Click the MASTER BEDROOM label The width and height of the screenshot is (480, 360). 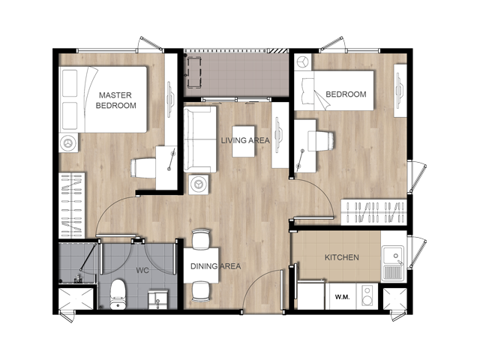point(115,100)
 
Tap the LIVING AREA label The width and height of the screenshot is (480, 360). point(245,140)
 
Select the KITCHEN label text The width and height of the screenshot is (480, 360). point(342,257)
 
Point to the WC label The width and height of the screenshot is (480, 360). point(142,270)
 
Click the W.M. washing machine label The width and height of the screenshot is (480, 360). point(342,297)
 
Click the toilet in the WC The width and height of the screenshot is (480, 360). point(118,294)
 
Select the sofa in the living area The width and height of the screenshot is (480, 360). point(200,139)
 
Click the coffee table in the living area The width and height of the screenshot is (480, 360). point(243,142)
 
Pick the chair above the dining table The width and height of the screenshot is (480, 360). point(201,239)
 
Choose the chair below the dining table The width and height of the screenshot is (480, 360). point(201,292)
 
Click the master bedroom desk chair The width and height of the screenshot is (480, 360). point(143,168)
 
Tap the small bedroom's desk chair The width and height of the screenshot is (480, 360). point(321,141)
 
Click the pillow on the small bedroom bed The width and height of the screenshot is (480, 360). point(307,91)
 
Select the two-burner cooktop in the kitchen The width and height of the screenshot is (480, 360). point(367,295)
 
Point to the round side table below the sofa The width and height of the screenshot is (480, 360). point(199,184)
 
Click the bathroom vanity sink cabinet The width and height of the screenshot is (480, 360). point(158,299)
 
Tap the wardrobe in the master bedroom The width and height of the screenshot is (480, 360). point(72,205)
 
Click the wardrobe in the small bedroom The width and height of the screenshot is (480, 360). point(373,212)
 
